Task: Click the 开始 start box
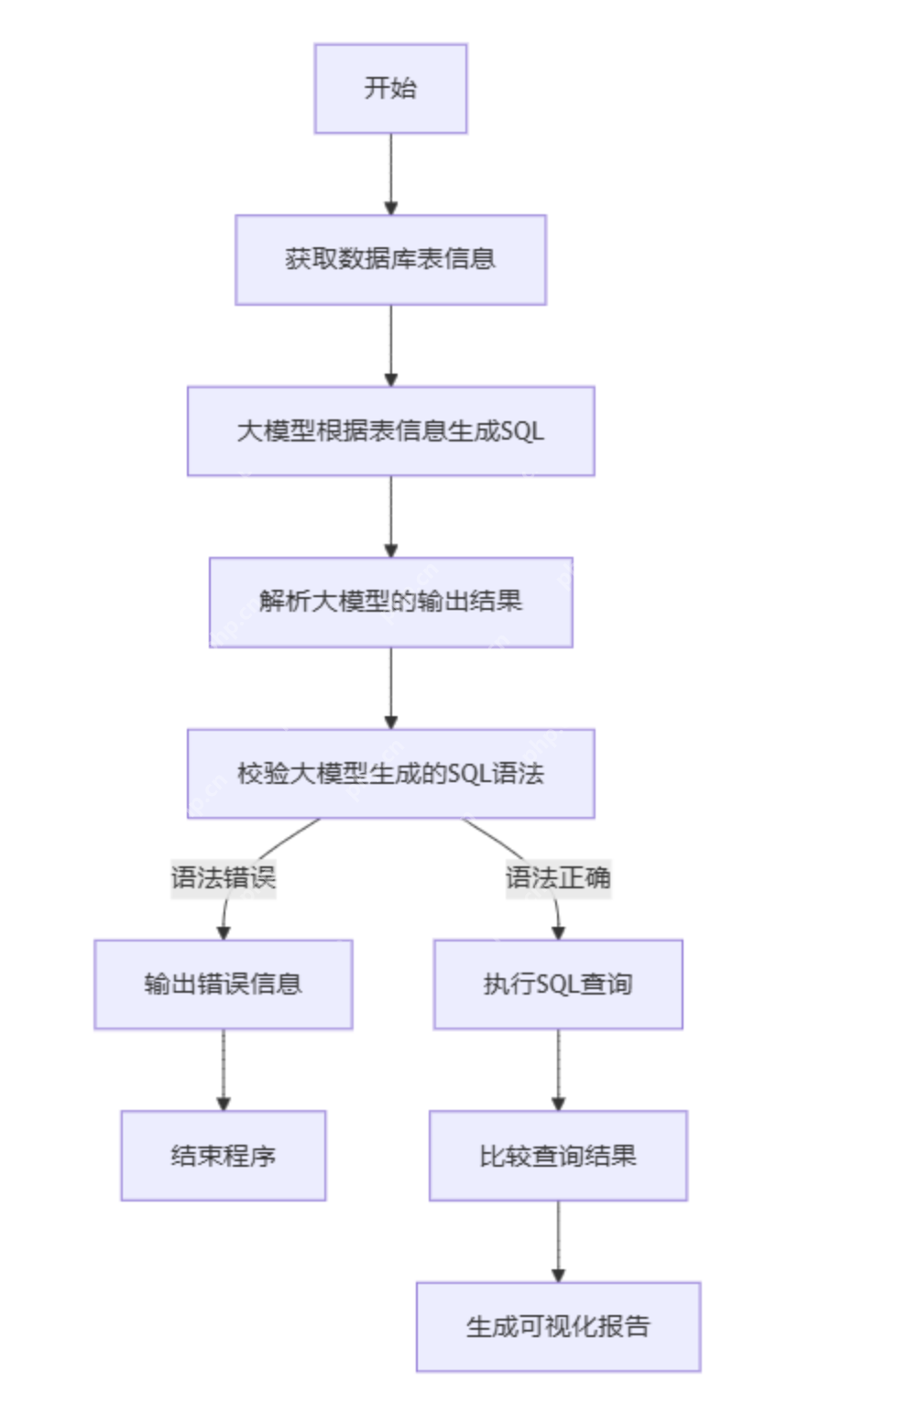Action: pos(390,88)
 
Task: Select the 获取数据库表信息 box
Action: pos(390,259)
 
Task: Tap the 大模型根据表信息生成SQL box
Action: pos(390,430)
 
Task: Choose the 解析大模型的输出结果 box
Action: pos(390,602)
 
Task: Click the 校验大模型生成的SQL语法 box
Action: pos(390,773)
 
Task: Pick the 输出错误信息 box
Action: pos(223,984)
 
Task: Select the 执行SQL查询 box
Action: pos(558,984)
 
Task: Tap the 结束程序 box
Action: pos(223,1155)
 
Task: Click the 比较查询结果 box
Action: pos(558,1155)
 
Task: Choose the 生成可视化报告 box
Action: pos(558,1326)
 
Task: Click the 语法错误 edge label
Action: pos(223,877)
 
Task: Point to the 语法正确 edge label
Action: pos(558,877)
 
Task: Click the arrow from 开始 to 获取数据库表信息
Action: pos(390,174)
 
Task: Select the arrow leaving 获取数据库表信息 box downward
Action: pos(390,345)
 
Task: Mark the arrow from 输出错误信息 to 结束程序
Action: pos(223,1070)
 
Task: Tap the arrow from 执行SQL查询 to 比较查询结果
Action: pos(558,1070)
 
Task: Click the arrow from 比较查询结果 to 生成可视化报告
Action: pos(558,1241)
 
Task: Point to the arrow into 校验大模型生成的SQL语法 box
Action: pos(390,688)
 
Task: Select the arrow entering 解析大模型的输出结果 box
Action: pos(390,517)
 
